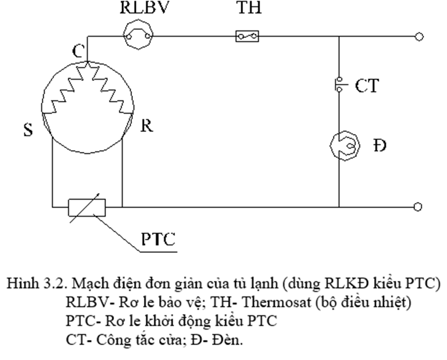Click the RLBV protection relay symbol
139,37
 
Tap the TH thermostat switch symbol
247,37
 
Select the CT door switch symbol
339,85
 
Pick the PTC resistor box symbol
87,206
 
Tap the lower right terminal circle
419,206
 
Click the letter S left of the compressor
28,130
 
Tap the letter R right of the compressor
147,126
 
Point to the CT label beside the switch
367,87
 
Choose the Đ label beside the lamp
378,145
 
